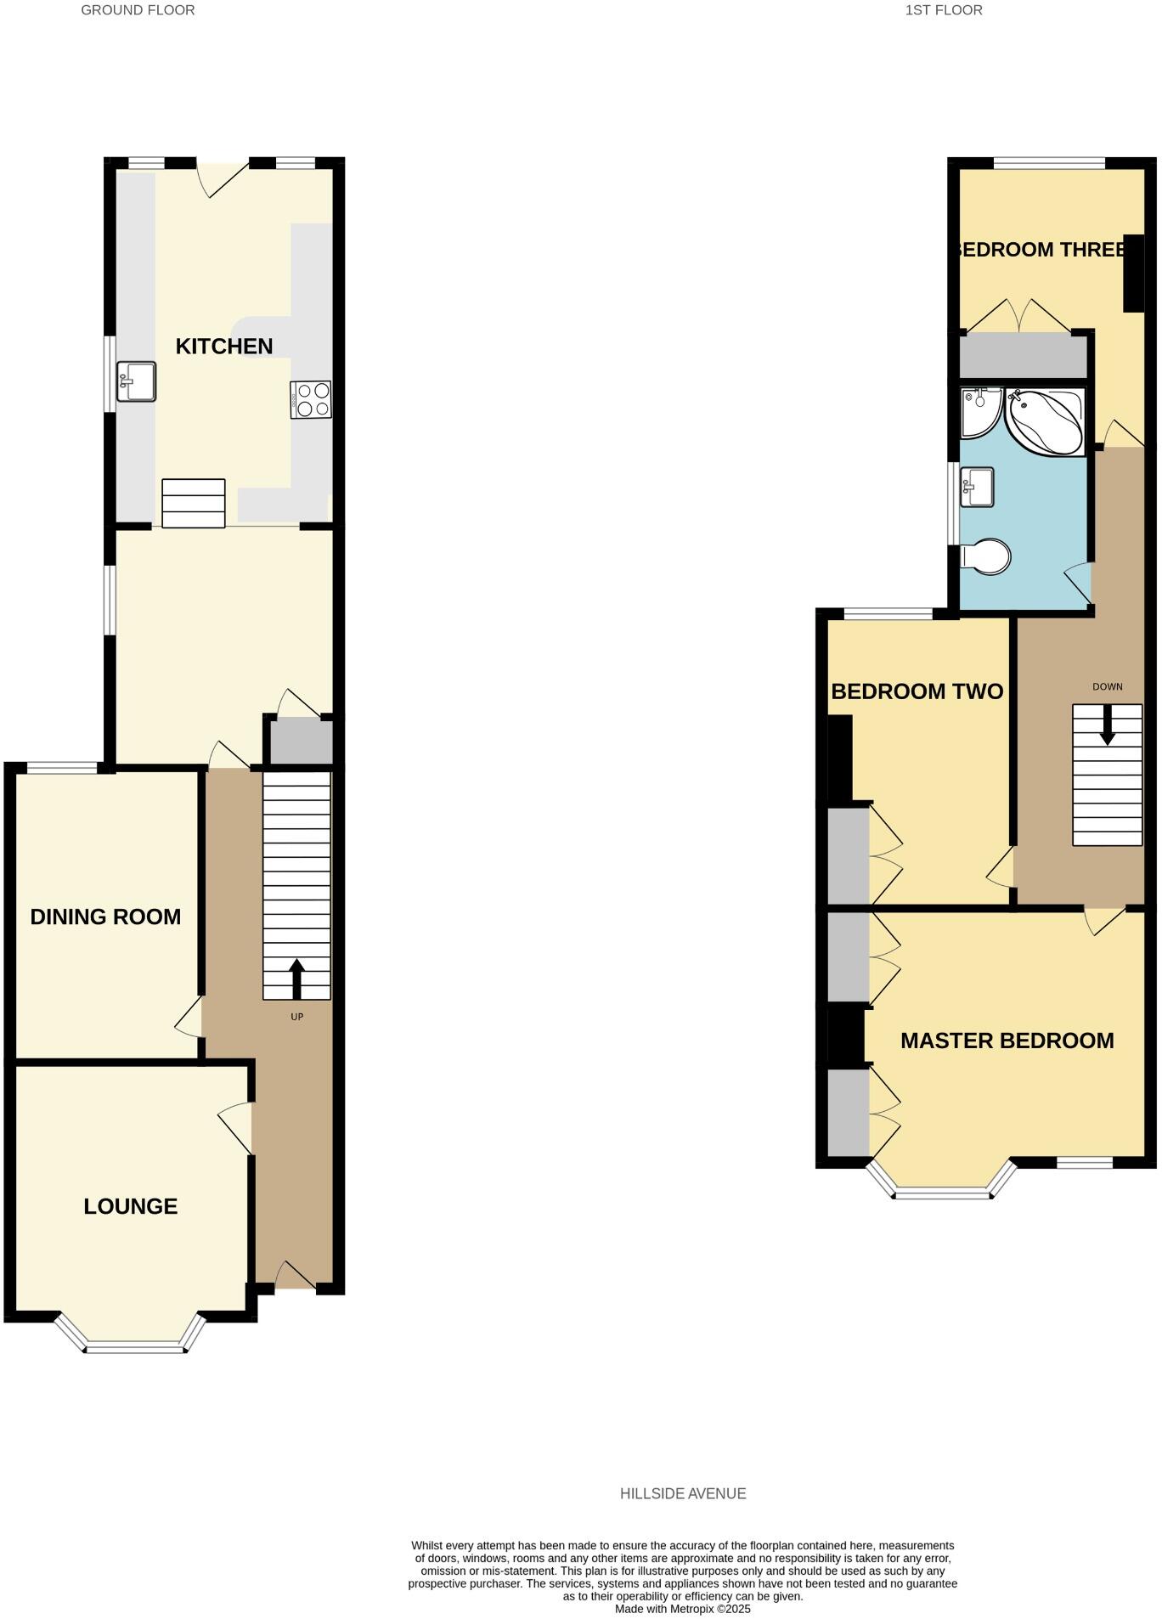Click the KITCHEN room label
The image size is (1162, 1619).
pos(223,347)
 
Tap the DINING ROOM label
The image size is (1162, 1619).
pos(105,917)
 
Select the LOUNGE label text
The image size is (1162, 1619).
pos(130,1206)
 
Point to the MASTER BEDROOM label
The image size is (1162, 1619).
pos(1007,1041)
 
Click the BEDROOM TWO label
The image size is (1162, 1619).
pos(917,691)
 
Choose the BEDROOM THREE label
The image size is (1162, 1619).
pos(1041,250)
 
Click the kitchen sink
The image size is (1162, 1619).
pos(136,381)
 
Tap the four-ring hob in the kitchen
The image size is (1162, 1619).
pos(311,400)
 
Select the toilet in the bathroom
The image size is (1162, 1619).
pos(987,557)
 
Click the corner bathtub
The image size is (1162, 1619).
pos(1046,422)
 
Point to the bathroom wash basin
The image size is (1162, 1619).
pos(977,488)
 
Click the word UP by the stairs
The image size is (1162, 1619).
pos(296,1017)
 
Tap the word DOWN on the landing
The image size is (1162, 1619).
pos(1107,686)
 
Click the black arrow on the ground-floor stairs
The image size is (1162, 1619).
pos(296,979)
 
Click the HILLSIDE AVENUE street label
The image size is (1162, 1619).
pos(683,1493)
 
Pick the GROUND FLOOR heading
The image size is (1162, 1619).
pos(138,10)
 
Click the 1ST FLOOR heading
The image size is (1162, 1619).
pos(944,10)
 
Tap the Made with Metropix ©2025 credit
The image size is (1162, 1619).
pos(683,1609)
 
